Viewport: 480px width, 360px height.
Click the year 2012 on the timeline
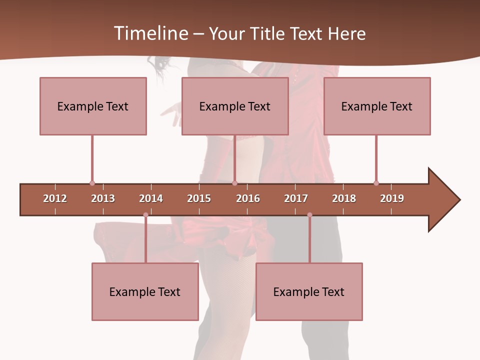[55, 198]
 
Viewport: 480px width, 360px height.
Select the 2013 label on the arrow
[103, 198]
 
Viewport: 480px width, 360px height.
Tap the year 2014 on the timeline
[151, 198]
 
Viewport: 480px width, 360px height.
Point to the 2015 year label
[199, 198]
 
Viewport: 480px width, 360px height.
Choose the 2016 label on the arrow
[248, 198]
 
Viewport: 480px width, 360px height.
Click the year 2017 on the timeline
[296, 198]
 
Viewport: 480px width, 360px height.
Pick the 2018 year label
[344, 198]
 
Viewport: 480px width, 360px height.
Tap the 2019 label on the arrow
[392, 198]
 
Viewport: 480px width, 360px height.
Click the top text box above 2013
[93, 106]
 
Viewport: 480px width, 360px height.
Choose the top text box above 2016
[235, 106]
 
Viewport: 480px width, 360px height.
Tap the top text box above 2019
[377, 106]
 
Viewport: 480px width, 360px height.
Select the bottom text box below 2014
[145, 291]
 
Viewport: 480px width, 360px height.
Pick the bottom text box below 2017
[309, 291]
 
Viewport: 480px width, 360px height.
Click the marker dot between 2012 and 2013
[92, 183]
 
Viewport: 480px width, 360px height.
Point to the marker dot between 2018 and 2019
[376, 183]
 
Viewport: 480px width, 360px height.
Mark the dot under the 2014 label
[145, 215]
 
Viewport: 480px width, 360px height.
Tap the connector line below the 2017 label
[309, 240]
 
